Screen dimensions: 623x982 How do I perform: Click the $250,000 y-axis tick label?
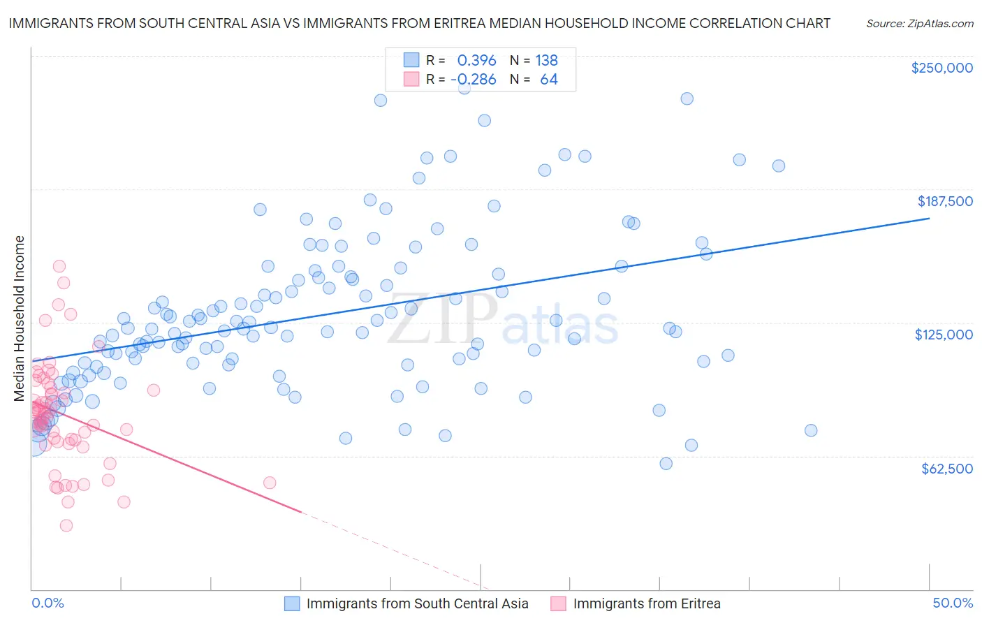tap(941, 68)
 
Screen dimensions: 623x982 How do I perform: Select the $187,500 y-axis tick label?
tap(944, 201)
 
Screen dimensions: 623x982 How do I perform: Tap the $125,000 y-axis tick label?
tap(944, 335)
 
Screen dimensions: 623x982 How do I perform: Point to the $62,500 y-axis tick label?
tap(946, 468)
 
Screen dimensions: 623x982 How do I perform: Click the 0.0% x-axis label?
tap(47, 603)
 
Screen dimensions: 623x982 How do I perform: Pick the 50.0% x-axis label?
tap(953, 603)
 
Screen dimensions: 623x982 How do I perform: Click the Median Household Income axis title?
tap(19, 318)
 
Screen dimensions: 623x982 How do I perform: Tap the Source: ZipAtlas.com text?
tap(919, 23)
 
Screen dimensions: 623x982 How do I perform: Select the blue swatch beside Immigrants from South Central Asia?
tap(292, 603)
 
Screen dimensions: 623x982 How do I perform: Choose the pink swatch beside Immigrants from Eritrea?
tap(558, 603)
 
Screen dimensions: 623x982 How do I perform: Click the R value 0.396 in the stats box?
tap(476, 60)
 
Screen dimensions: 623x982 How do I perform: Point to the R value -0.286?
tap(474, 80)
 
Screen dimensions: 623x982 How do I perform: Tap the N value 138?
tap(546, 60)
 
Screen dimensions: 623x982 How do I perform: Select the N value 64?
tap(549, 80)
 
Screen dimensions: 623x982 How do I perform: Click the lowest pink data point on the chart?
tap(66, 525)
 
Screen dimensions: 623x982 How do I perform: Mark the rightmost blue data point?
tap(811, 430)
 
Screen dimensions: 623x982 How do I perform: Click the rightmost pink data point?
tap(270, 483)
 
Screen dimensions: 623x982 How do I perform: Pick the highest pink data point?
tap(59, 266)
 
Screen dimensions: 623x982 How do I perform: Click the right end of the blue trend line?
tap(929, 219)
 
